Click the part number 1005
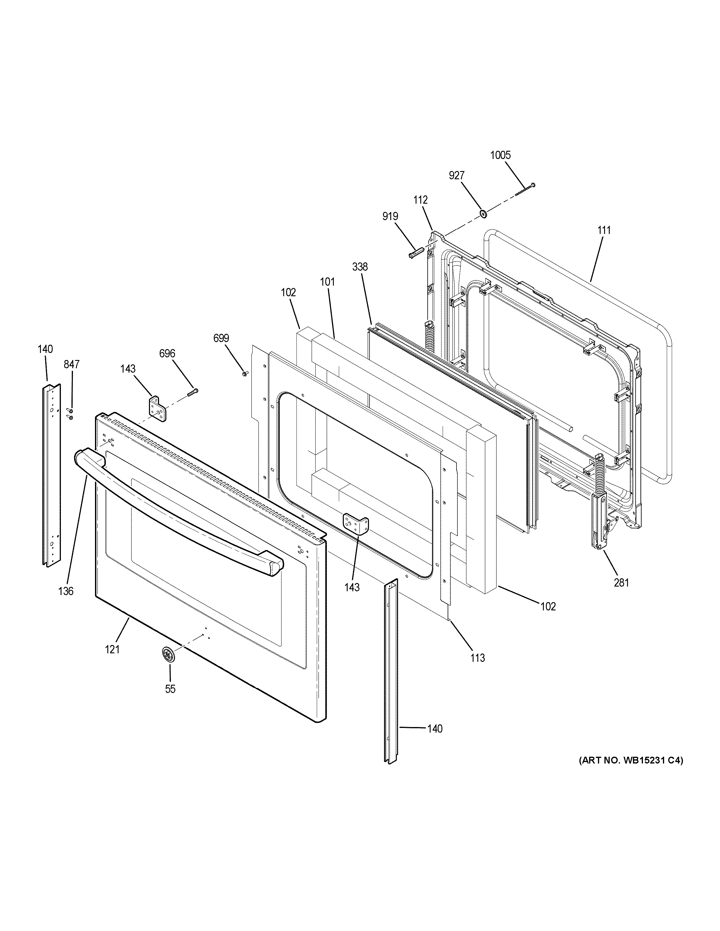pos(500,155)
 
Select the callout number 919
pos(390,217)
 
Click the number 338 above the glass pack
pos(360,267)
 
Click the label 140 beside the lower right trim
pos(435,729)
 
